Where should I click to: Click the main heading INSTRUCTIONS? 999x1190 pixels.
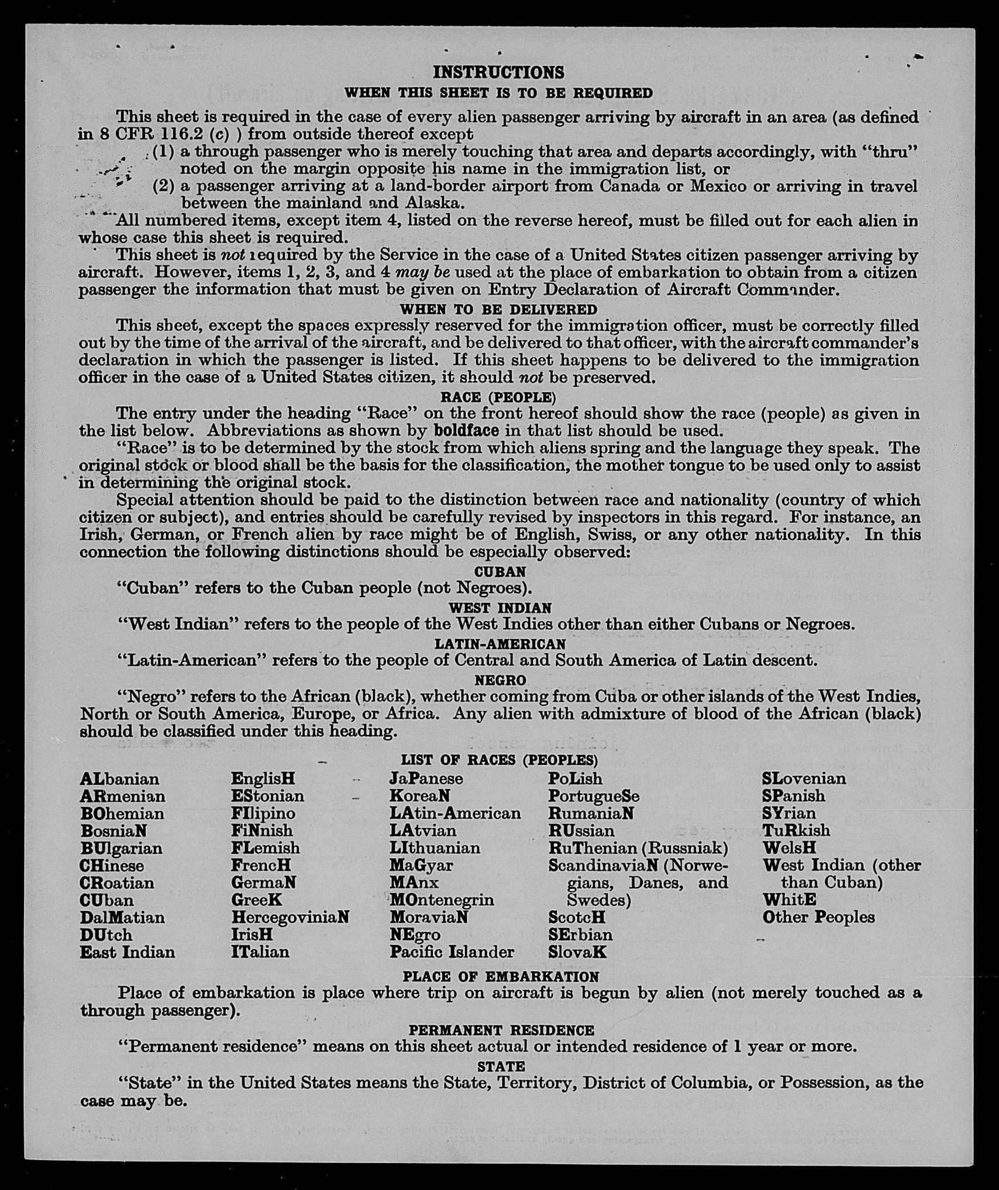[x=498, y=72]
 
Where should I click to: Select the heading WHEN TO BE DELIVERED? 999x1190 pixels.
[x=498, y=309]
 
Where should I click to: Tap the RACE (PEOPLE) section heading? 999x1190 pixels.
[x=498, y=398]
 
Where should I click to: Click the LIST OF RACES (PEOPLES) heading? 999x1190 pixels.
[x=499, y=760]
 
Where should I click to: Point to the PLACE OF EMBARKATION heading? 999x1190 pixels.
[x=500, y=977]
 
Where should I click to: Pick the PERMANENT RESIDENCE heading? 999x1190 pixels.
[x=501, y=1030]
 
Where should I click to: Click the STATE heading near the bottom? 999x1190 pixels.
[x=501, y=1067]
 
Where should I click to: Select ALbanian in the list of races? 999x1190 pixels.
[x=119, y=779]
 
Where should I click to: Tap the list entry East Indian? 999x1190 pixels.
[x=128, y=953]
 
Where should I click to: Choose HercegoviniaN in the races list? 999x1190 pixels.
[x=290, y=917]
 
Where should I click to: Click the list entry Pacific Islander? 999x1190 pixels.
[x=452, y=953]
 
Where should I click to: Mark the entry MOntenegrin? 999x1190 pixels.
[x=442, y=900]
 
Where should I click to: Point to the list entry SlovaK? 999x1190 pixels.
[x=577, y=953]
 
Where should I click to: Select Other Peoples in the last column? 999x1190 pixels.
[x=818, y=917]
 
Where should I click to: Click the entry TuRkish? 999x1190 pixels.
[x=795, y=831]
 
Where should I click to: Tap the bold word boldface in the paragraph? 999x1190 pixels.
[x=466, y=431]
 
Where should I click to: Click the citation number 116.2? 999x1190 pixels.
[x=166, y=134]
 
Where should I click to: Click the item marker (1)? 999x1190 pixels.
[x=163, y=151]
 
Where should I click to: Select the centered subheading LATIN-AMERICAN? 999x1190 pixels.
[x=500, y=644]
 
